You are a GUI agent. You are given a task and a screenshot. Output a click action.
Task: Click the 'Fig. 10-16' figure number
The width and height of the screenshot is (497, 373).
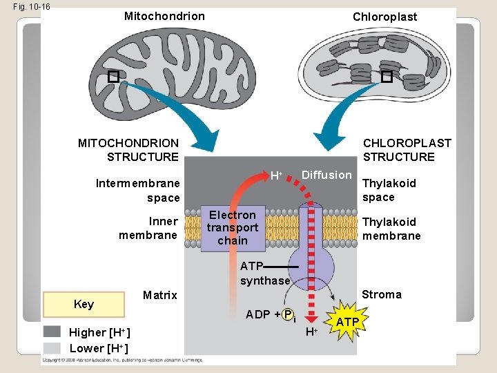tap(27, 7)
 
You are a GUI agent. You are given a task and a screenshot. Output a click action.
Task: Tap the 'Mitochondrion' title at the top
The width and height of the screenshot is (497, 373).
tap(164, 16)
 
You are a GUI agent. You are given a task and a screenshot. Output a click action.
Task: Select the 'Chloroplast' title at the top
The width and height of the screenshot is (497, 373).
tap(384, 17)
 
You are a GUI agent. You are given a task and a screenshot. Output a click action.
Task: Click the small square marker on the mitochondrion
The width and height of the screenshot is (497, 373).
tap(113, 77)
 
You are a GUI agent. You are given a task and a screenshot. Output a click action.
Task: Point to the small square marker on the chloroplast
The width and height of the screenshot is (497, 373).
tap(387, 77)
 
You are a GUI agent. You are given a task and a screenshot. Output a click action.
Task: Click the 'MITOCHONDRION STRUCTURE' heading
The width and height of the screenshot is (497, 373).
tap(130, 150)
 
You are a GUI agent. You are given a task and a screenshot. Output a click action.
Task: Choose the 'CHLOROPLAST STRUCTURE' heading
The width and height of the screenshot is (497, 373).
tap(407, 150)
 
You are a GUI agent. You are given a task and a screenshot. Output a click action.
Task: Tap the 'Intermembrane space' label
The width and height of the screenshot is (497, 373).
tap(137, 191)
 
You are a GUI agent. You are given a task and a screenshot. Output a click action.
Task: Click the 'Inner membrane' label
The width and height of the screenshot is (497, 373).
tap(148, 228)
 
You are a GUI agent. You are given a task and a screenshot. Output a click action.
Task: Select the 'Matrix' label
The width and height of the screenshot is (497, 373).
tap(159, 295)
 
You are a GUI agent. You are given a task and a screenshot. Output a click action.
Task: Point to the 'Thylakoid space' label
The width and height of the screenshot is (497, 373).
tap(389, 190)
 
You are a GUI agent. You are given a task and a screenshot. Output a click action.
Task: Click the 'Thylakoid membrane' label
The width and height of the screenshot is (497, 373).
tap(391, 229)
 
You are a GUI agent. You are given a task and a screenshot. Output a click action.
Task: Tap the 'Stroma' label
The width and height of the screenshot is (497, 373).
tap(381, 294)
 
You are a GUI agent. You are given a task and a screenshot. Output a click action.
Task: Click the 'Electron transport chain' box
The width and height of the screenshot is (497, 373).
tap(232, 228)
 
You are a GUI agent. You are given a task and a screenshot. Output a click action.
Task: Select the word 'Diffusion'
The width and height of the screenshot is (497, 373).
tap(327, 175)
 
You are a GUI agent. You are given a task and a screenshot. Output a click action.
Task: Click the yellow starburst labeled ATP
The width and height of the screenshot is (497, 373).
tap(347, 323)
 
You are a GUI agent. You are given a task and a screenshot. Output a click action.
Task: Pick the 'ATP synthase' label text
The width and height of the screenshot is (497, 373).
tap(264, 274)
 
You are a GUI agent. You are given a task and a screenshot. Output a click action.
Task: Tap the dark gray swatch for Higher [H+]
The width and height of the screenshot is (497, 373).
tap(52, 332)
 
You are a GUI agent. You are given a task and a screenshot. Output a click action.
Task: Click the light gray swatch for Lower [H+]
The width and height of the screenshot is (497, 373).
tap(52, 347)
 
